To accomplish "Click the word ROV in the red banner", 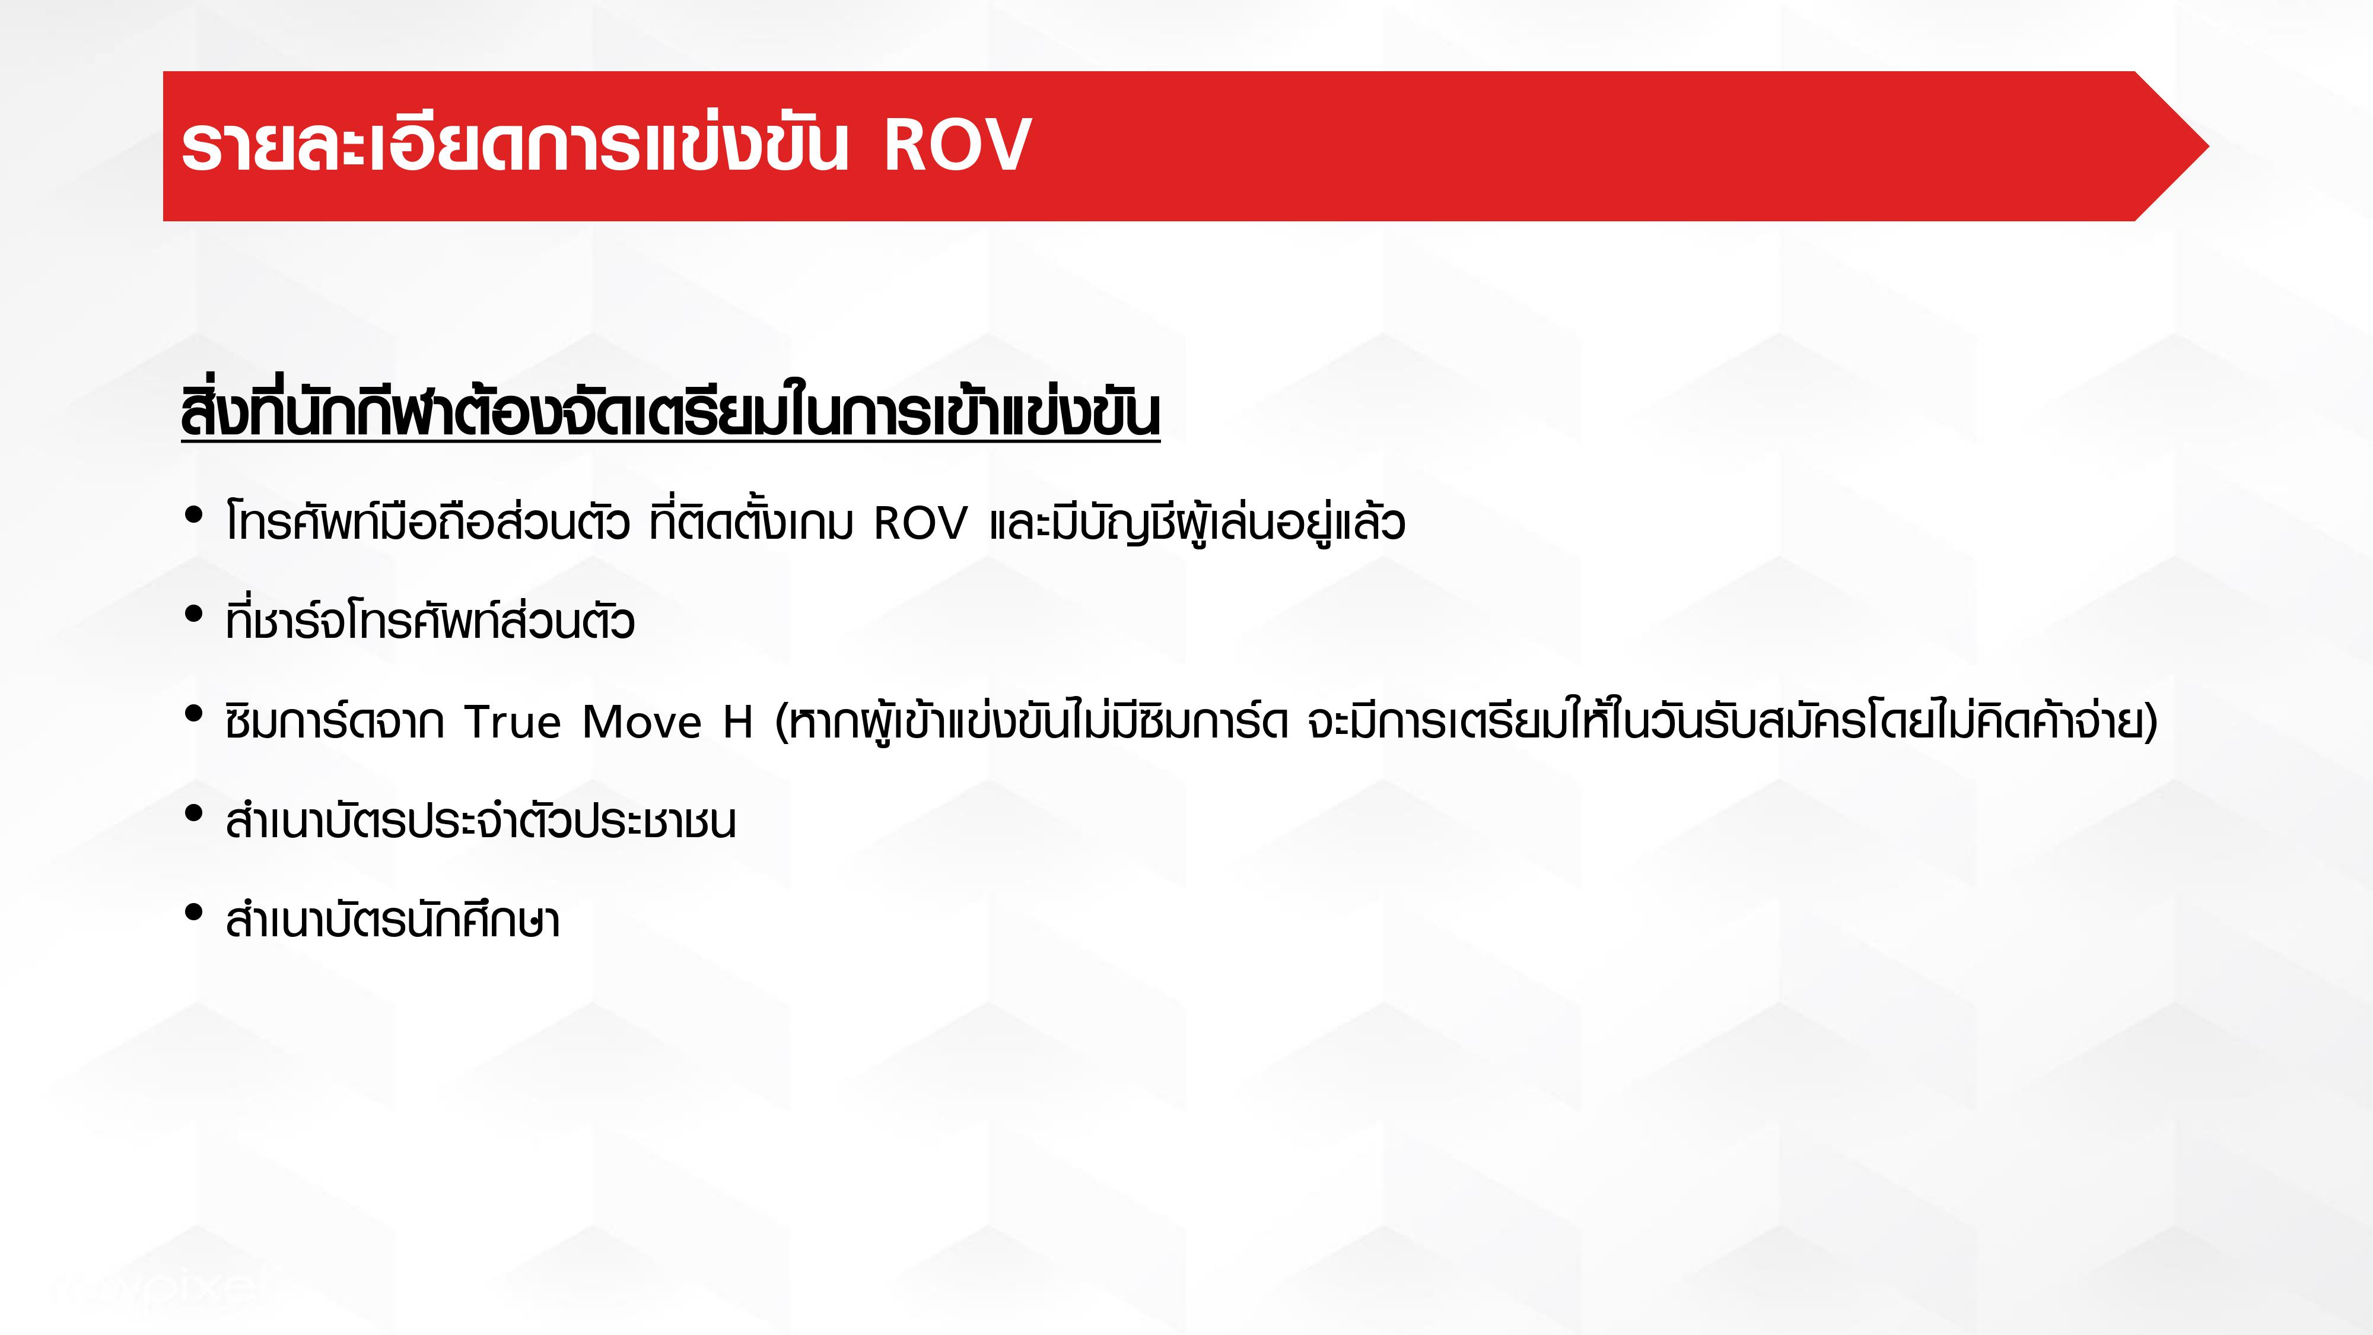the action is click(957, 145).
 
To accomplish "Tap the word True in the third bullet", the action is click(512, 722).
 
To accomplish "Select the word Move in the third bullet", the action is click(642, 722).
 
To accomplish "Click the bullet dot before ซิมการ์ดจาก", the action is click(193, 713).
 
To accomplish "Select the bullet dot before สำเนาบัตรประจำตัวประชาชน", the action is click(193, 813).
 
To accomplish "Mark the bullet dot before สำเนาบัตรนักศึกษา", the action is click(193, 912).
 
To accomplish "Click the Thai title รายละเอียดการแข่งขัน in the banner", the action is click(514, 145).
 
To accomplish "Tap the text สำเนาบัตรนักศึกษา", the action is click(392, 918).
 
